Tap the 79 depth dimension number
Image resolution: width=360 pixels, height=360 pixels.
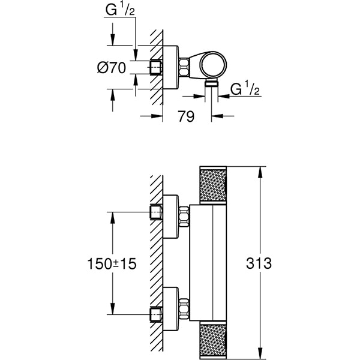click(x=187, y=116)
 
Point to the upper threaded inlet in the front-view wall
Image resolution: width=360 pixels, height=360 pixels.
click(x=156, y=212)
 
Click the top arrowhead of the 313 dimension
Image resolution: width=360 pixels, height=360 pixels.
click(x=259, y=172)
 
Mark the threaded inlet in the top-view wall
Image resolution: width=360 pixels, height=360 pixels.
click(x=156, y=67)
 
